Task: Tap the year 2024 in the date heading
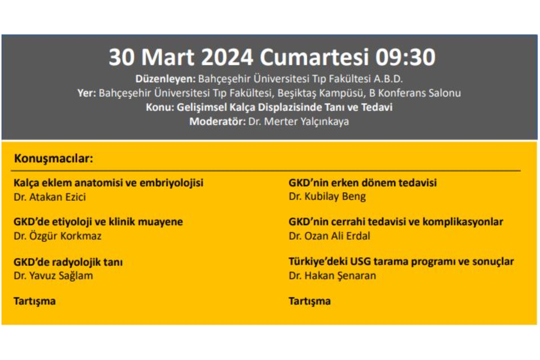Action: pyautogui.click(x=227, y=57)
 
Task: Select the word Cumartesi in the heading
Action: pyautogui.click(x=314, y=57)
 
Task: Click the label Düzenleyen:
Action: pyautogui.click(x=165, y=79)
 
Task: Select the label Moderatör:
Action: pyautogui.click(x=217, y=121)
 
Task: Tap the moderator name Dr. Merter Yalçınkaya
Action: pyautogui.click(x=298, y=121)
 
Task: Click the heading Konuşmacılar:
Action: pyautogui.click(x=53, y=158)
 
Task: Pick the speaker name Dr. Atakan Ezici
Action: pyautogui.click(x=50, y=197)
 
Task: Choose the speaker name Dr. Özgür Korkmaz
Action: pyautogui.click(x=58, y=236)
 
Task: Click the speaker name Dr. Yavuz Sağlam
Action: pyautogui.click(x=53, y=276)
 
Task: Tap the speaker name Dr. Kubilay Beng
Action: pyautogui.click(x=327, y=197)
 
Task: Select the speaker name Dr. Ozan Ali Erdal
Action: pyautogui.click(x=329, y=236)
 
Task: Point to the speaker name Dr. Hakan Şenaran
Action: pyautogui.click(x=332, y=276)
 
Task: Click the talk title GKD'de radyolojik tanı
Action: pyautogui.click(x=68, y=262)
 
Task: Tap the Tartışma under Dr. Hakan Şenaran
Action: pyautogui.click(x=310, y=301)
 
